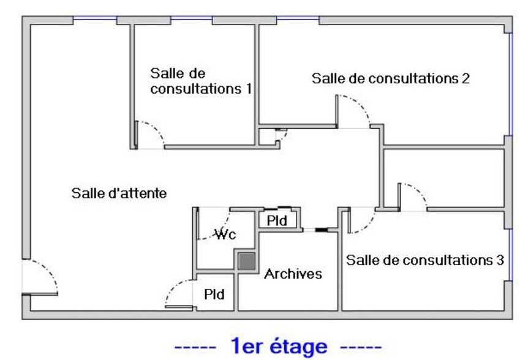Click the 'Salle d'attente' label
click(119, 193)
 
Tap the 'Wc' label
click(225, 234)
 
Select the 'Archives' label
click(293, 274)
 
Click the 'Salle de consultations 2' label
click(391, 78)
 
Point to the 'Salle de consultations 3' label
click(425, 260)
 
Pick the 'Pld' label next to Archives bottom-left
click(214, 294)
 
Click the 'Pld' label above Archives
click(277, 221)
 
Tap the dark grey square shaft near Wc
click(247, 261)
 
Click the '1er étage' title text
click(279, 346)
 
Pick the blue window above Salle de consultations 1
click(191, 18)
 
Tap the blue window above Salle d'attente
click(95, 18)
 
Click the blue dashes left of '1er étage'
click(195, 348)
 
